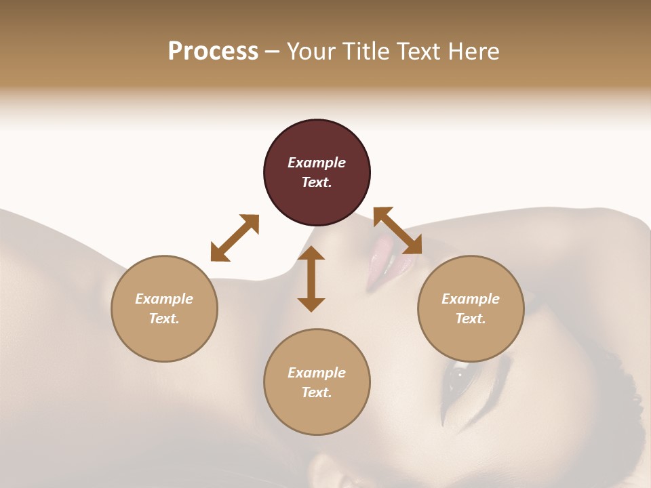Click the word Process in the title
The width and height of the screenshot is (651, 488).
(213, 52)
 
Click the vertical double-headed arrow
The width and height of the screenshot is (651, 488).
(311, 279)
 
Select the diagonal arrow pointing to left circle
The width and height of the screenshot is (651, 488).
(235, 237)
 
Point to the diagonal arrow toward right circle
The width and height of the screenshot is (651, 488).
(398, 230)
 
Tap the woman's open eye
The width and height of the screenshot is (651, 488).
(458, 375)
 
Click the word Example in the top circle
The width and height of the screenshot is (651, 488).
(317, 163)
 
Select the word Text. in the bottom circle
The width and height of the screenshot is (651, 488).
(317, 392)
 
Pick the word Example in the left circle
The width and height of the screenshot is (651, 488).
(164, 299)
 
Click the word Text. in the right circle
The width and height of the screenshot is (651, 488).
(471, 319)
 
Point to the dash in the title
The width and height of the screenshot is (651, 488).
(272, 52)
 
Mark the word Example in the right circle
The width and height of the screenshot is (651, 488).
(471, 299)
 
